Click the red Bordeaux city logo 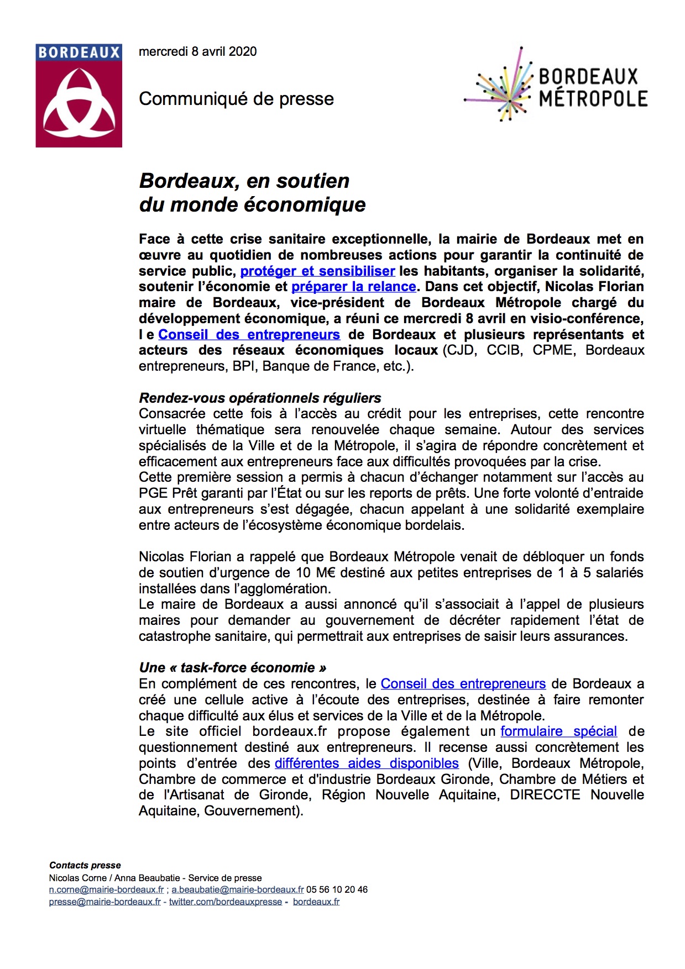coord(79,96)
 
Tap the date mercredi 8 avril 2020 coord(198,51)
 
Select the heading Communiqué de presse coord(237,99)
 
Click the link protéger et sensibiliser coord(317,271)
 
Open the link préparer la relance coord(353,287)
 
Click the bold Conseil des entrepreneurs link coord(249,335)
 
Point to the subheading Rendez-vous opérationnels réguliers coord(260,398)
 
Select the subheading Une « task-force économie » coord(232,668)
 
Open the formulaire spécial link coord(558,731)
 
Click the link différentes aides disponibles coord(367,763)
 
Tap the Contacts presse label coord(85,865)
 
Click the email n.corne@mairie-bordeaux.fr coord(106,889)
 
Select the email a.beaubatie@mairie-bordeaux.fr coord(238,889)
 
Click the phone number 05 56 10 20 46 coord(337,889)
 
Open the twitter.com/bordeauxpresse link coord(225,902)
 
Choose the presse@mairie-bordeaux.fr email coord(104,902)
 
